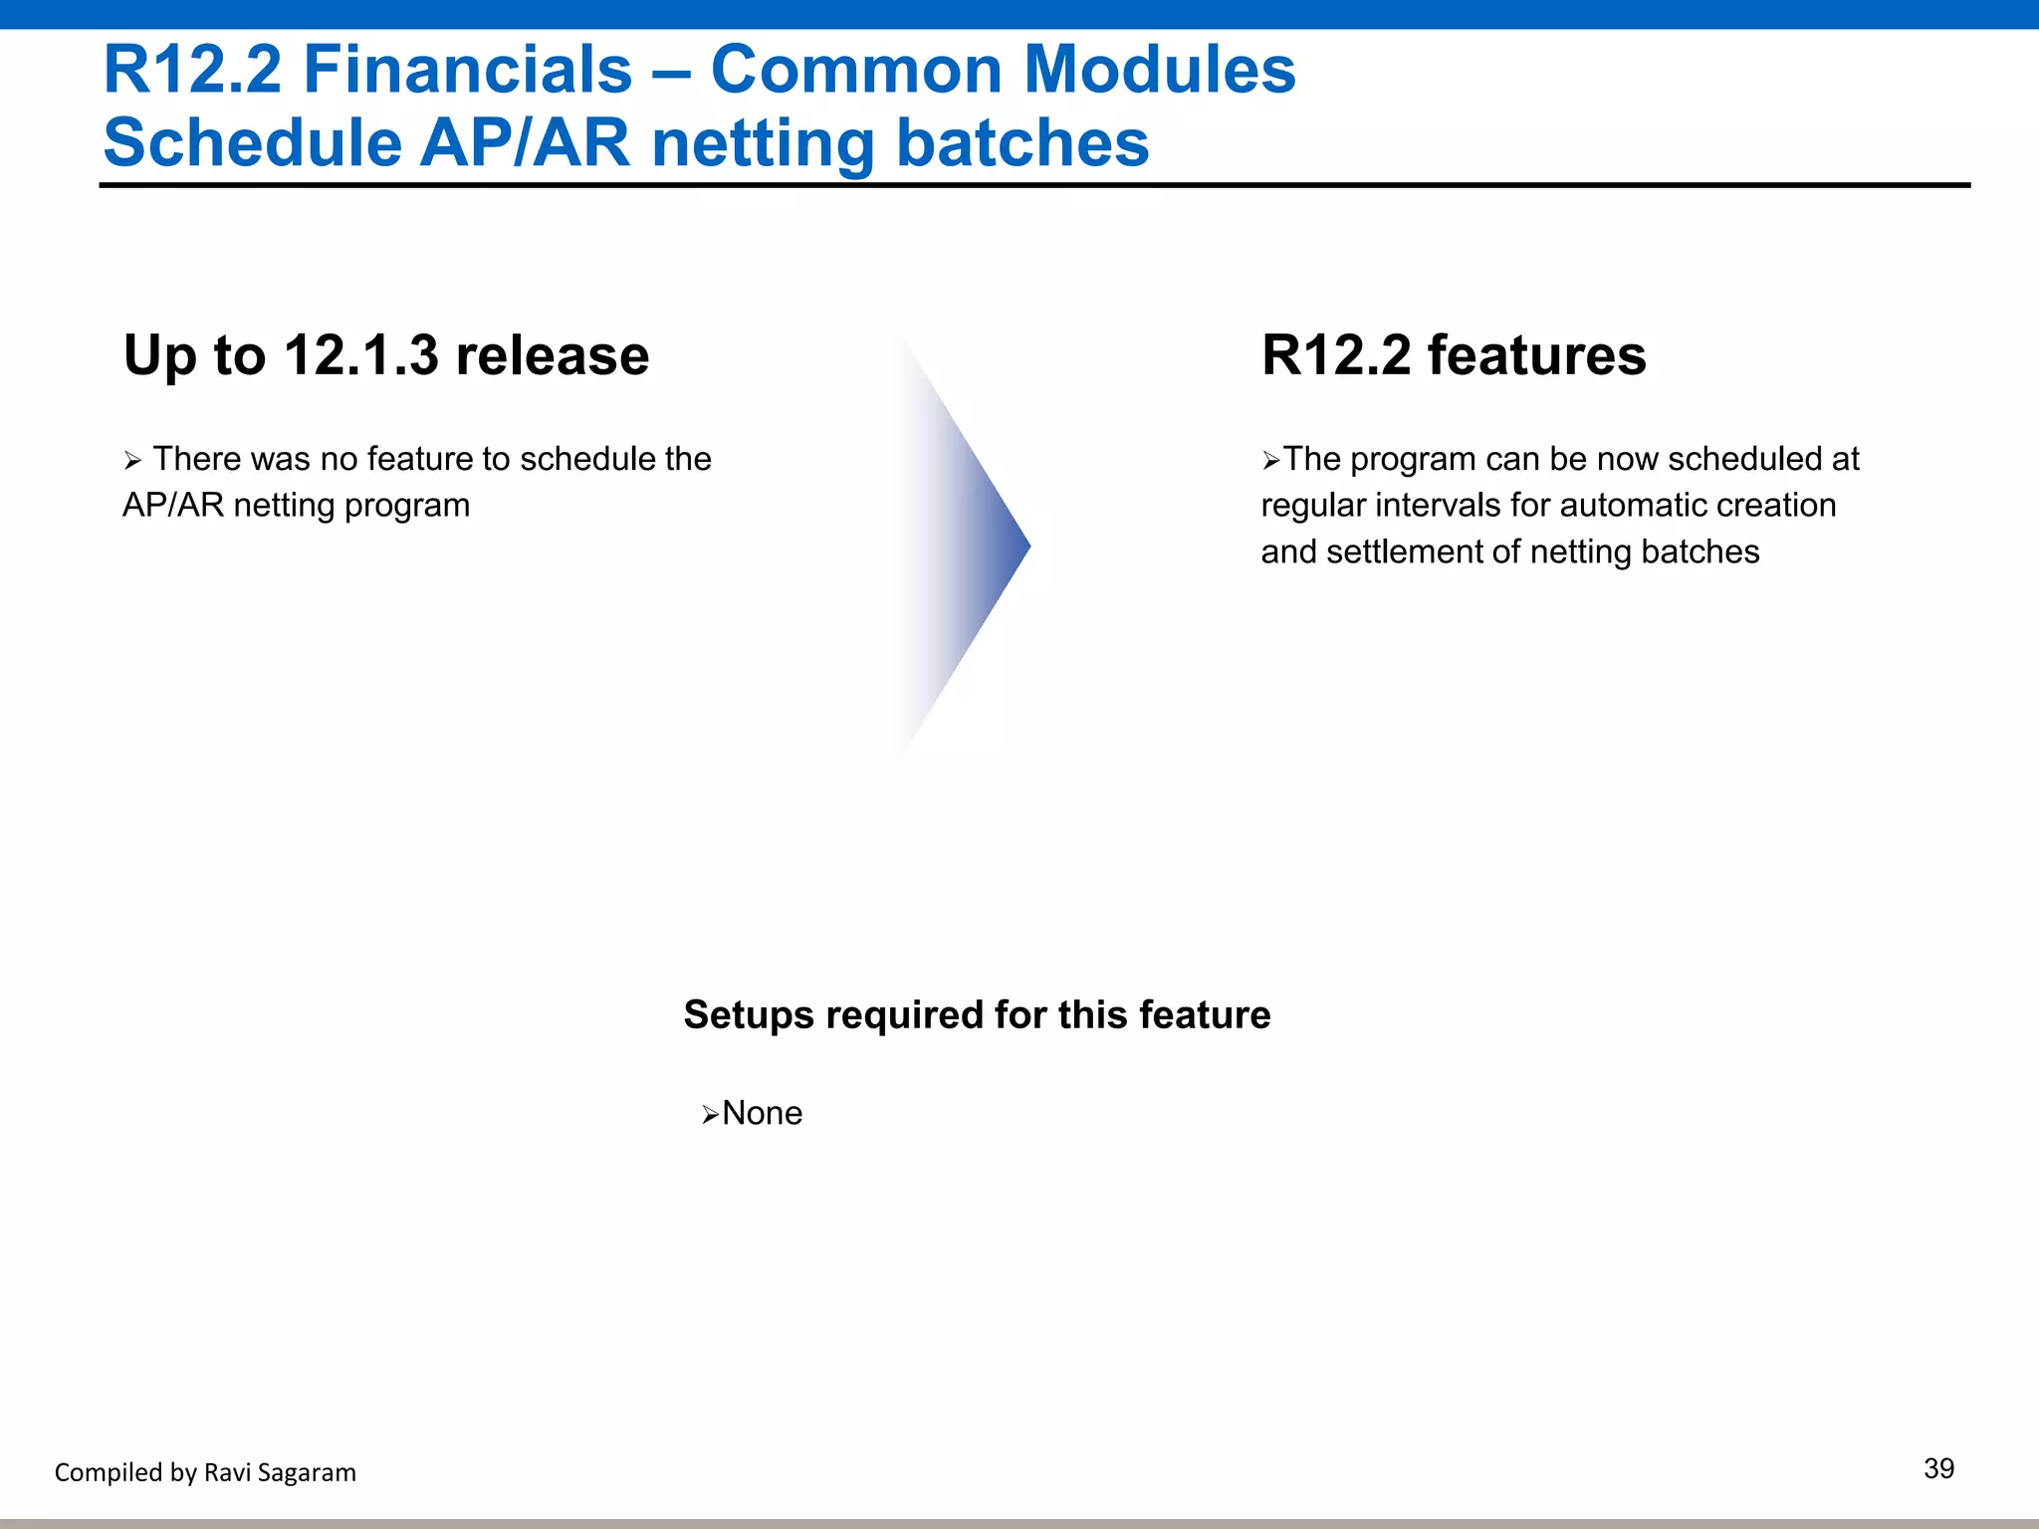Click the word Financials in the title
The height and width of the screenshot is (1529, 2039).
467,70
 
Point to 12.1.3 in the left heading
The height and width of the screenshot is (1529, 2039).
360,355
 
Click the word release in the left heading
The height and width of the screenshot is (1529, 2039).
552,355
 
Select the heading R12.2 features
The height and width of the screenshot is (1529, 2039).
1453,355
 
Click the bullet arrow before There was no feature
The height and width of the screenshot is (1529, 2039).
133,461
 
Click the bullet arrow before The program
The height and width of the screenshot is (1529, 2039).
1270,461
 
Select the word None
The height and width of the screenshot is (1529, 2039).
762,1113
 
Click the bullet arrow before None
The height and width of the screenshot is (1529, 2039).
710,1115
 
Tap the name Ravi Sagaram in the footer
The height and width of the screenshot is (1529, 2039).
279,1472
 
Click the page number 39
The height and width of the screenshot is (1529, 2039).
1938,1468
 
